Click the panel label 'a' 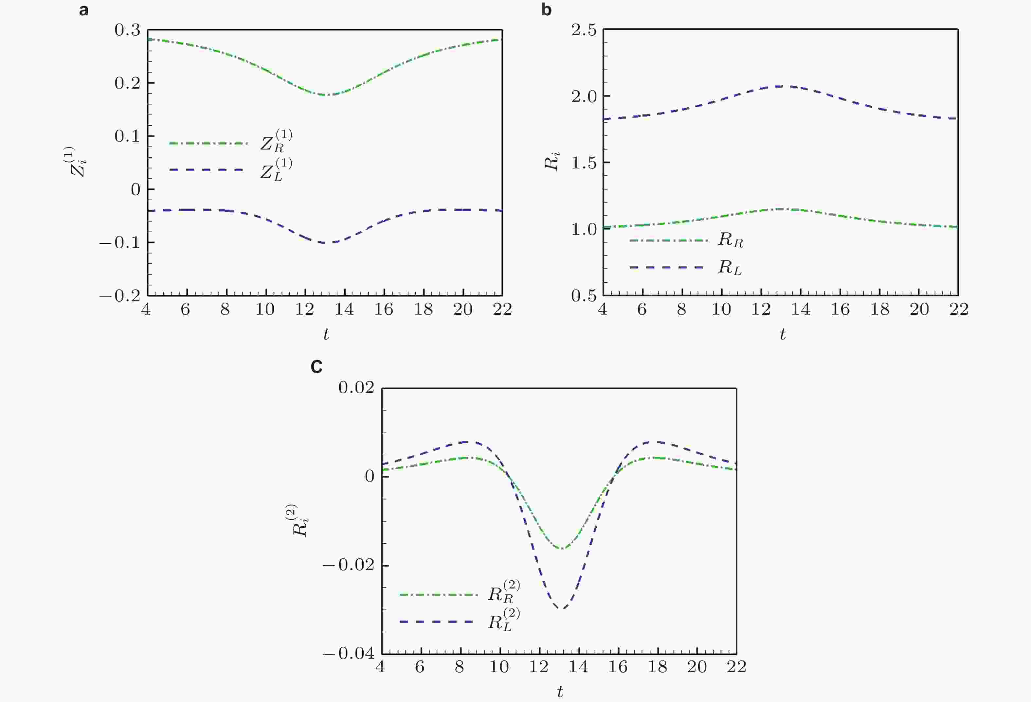83,10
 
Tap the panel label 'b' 547,10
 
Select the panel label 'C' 316,367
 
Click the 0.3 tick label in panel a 127,30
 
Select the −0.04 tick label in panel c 349,653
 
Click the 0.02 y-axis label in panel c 356,388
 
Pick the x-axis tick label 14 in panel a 344,309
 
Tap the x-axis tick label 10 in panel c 499,667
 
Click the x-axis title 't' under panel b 782,334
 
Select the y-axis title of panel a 79,162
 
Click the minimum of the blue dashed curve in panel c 562,608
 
